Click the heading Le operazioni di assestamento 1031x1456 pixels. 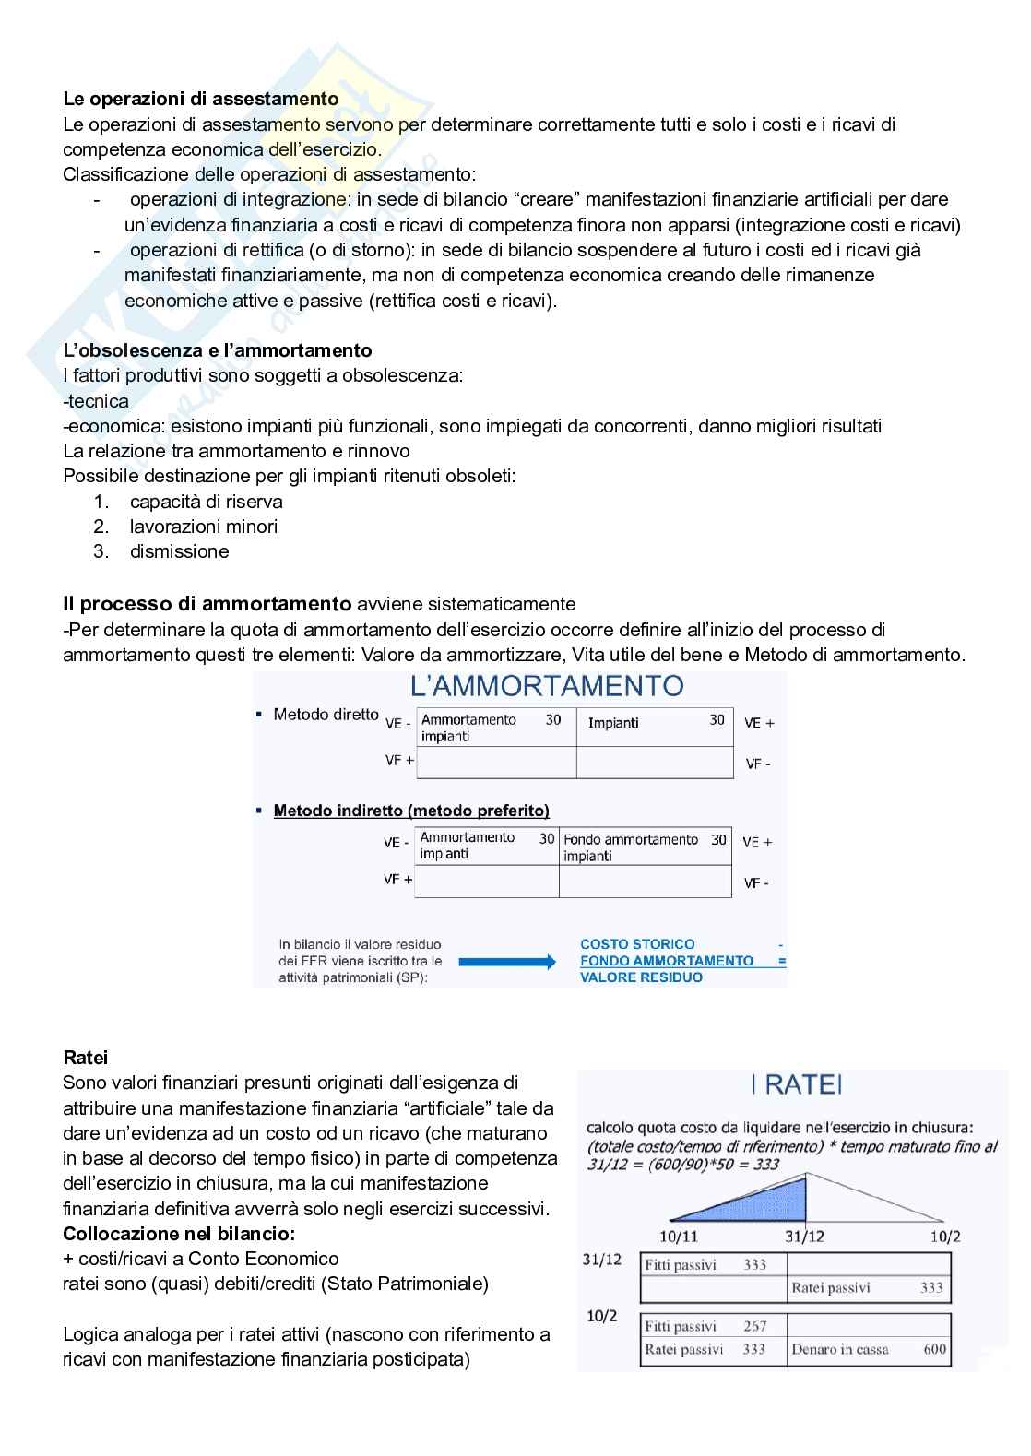point(200,99)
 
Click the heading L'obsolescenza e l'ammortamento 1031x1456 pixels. point(217,350)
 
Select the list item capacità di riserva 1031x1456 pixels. point(206,502)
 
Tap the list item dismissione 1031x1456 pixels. point(179,551)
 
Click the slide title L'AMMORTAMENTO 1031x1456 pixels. point(547,686)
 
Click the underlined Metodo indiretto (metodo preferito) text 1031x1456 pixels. point(411,811)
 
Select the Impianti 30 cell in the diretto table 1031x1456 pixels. point(655,723)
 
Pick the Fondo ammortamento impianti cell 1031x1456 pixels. point(645,846)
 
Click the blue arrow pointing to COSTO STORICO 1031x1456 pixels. point(506,962)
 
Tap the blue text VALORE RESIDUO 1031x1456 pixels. point(641,977)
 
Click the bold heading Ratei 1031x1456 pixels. point(86,1058)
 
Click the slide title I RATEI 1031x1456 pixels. point(796,1085)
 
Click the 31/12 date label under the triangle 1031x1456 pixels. point(805,1236)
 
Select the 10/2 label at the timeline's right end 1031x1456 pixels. point(944,1236)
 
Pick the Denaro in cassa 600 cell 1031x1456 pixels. point(868,1349)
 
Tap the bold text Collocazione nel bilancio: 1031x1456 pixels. point(179,1234)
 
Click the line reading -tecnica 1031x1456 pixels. point(96,401)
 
